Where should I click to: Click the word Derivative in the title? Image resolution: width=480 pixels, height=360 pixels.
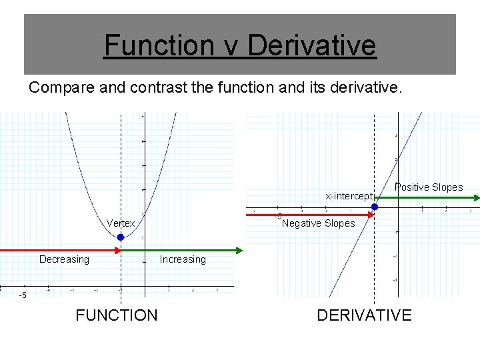(x=311, y=46)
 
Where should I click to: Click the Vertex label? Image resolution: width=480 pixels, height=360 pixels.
(x=121, y=223)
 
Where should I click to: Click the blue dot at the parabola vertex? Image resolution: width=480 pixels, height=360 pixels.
(x=121, y=237)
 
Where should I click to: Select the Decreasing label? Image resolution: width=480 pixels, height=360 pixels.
(x=64, y=259)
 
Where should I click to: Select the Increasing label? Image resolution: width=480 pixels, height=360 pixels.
(x=183, y=259)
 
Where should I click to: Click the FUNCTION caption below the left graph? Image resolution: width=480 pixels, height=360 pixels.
(x=117, y=315)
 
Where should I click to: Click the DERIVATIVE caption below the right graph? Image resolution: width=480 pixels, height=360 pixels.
(x=364, y=315)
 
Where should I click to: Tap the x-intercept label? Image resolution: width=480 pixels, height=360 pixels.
(x=349, y=196)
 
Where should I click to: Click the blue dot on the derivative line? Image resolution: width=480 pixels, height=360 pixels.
(x=375, y=207)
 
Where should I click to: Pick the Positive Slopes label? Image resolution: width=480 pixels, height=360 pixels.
(x=428, y=187)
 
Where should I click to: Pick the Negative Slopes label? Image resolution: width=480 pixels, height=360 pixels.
(x=319, y=223)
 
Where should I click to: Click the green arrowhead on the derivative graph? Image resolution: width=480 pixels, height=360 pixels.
(x=476, y=197)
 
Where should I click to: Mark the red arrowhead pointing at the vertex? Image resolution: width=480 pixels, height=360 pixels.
(x=117, y=250)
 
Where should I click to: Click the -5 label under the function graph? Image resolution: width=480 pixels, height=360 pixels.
(x=23, y=295)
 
